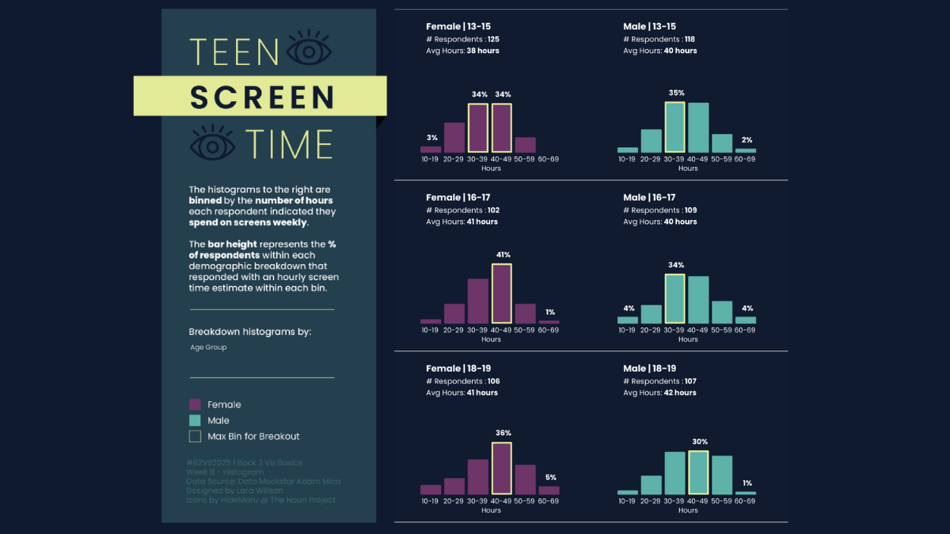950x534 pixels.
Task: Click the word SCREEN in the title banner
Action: [262, 97]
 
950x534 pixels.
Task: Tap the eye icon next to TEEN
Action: [310, 50]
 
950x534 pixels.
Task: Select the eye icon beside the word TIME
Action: [213, 143]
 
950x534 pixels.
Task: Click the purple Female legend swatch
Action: [195, 404]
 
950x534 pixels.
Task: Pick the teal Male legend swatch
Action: [195, 420]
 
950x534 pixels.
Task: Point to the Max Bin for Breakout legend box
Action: [195, 436]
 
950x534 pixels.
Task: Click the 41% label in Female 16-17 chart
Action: [503, 255]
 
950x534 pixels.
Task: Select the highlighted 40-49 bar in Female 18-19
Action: [501, 468]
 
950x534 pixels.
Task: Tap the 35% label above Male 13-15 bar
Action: [676, 93]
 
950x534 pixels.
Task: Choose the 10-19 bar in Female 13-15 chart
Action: [431, 149]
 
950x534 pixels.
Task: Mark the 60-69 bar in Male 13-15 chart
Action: [746, 150]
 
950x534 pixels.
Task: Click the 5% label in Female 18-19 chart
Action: [550, 477]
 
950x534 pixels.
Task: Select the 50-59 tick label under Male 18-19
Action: [722, 501]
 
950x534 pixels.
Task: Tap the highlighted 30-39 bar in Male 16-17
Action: [674, 299]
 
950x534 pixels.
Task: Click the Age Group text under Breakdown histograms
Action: [208, 347]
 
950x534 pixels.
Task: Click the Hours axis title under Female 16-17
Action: [491, 339]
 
